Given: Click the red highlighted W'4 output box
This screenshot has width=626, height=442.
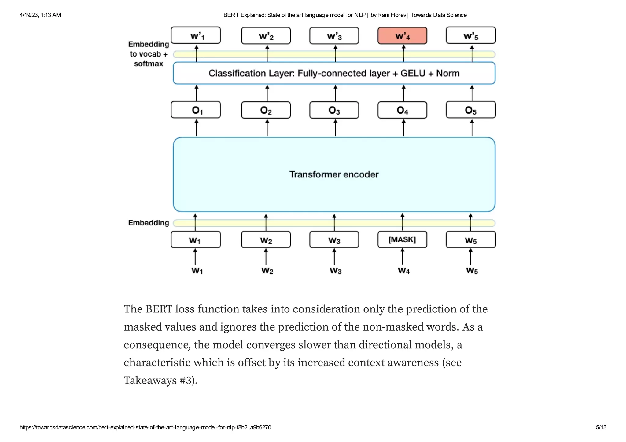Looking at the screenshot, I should [402, 36].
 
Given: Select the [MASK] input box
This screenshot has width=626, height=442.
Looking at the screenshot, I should [402, 239].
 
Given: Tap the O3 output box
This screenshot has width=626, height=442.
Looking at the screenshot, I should [334, 110].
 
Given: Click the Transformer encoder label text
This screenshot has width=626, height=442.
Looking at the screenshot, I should [334, 174].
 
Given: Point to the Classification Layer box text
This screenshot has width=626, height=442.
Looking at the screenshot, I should [334, 73].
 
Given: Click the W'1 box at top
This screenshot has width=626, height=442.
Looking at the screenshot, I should [196, 35].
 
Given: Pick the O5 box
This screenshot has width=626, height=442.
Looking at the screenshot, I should [471, 110].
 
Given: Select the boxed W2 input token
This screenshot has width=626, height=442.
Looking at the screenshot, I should [266, 240].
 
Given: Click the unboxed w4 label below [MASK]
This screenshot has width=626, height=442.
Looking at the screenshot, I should [403, 271].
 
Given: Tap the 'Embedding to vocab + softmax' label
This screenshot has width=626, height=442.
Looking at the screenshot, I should [149, 54].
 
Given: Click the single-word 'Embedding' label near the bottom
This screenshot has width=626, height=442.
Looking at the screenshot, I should [149, 223].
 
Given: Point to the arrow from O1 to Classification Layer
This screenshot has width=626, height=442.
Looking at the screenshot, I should [197, 93].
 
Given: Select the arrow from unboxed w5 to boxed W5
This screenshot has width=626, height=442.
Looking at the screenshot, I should [471, 257].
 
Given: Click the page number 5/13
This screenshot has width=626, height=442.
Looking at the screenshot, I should [601, 427].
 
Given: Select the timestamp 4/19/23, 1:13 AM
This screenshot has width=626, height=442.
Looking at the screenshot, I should [40, 15].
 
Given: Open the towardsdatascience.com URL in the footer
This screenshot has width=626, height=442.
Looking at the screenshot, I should [145, 427].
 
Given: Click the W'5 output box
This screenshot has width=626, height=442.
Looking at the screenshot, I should [471, 36].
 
